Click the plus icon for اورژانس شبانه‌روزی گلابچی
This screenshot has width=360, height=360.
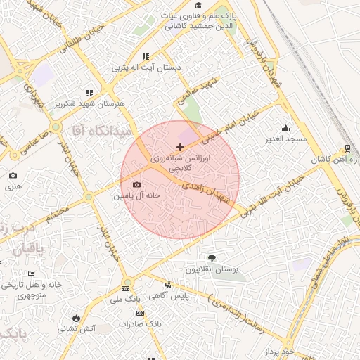(x=181, y=148)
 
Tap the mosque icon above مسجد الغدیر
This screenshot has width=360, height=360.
(x=285, y=128)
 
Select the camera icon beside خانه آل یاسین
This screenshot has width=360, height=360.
(x=136, y=185)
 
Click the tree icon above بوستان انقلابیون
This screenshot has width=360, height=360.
(x=212, y=258)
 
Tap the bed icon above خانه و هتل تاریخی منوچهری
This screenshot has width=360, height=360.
(x=31, y=274)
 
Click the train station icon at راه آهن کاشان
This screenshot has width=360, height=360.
(x=347, y=149)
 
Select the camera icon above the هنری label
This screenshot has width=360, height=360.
(x=13, y=176)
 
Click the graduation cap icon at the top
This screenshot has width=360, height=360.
(x=199, y=5)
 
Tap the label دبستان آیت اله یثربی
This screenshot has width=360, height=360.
(x=146, y=68)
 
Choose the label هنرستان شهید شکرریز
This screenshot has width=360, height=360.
(x=90, y=103)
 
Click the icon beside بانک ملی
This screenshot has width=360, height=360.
(x=125, y=288)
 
